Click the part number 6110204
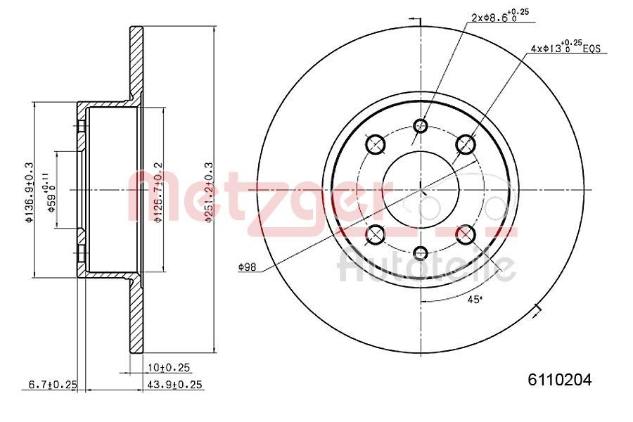tap(559, 380)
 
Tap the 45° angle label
tap(475, 300)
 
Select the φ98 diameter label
tap(247, 267)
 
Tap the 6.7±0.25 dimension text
tap(52, 384)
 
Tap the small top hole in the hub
tap(421, 127)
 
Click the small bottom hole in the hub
tap(421, 253)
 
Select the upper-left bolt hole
tap(376, 145)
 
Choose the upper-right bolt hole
tap(466, 145)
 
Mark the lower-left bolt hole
tap(376, 234)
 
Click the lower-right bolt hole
tap(466, 234)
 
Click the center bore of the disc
tap(421, 189)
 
